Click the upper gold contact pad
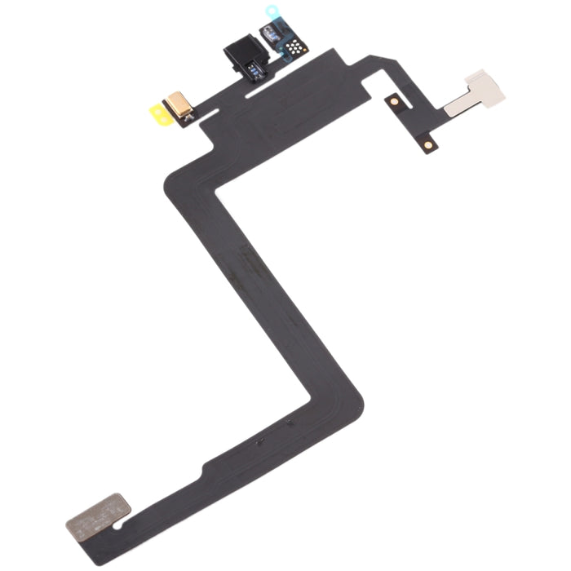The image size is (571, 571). tap(394, 101)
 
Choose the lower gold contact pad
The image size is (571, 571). tap(428, 144)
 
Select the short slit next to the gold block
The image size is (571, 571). tap(208, 117)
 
